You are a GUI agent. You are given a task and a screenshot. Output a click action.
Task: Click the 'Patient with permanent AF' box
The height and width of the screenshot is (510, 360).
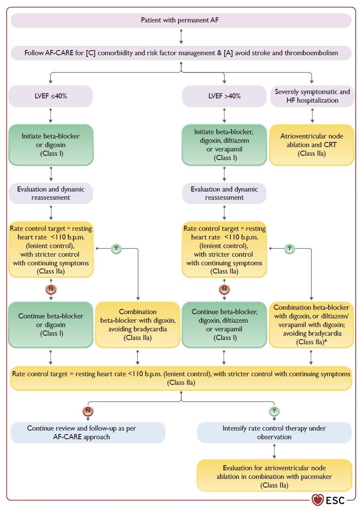point(181,20)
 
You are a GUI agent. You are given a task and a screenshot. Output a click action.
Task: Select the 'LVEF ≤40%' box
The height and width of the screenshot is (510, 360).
point(51,96)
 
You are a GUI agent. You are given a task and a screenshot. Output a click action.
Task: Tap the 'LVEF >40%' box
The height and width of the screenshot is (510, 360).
point(224,96)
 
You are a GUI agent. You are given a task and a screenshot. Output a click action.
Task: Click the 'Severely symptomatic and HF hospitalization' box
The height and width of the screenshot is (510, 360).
point(312,96)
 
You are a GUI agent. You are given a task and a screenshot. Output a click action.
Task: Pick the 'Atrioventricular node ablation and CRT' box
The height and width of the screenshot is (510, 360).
point(312,145)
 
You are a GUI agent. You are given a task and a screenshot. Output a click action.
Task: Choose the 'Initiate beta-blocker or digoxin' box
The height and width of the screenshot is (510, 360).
point(51,145)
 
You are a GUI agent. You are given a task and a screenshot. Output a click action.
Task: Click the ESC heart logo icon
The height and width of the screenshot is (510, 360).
point(317,500)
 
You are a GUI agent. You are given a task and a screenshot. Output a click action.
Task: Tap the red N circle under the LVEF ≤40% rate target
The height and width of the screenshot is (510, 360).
point(51,289)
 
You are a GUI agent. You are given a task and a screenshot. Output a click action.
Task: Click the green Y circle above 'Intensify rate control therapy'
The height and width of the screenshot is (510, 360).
point(274,411)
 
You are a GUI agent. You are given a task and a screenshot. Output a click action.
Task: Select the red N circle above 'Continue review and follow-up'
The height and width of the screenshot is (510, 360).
point(88,411)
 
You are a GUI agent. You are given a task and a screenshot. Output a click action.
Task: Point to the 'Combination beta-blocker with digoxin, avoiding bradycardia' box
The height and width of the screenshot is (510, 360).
point(137,324)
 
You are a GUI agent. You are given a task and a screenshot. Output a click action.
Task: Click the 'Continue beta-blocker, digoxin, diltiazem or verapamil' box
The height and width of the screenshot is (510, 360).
point(224,324)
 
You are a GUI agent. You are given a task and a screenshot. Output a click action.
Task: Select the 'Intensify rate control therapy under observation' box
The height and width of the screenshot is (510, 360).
point(274,433)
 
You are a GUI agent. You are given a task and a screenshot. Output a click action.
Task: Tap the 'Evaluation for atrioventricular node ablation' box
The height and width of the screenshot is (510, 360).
point(274,476)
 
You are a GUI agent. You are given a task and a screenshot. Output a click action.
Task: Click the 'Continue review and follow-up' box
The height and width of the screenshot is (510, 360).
point(88,433)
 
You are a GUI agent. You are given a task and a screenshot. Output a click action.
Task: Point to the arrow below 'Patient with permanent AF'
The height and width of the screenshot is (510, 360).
point(181,37)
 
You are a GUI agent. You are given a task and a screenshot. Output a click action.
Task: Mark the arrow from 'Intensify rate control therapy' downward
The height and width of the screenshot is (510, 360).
point(274,451)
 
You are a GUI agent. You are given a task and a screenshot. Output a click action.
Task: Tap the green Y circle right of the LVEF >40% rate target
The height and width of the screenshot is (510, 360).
point(289,249)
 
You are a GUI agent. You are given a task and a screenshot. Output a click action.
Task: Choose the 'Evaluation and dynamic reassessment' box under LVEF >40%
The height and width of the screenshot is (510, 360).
point(224,194)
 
